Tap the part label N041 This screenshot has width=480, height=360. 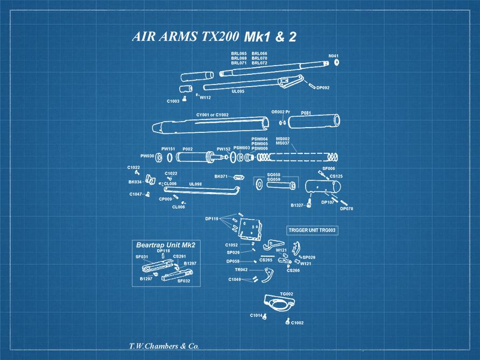point(334,55)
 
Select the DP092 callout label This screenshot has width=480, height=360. point(323,88)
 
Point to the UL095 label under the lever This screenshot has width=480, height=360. point(238,91)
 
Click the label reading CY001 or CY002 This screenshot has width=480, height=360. point(212,115)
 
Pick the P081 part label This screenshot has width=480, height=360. point(306,112)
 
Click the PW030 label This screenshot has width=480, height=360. point(147,156)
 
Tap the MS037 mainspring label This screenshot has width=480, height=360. point(283,144)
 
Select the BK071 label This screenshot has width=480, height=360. point(221,176)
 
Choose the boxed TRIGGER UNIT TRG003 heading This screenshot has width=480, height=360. point(312,230)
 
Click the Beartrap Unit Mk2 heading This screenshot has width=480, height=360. point(165,244)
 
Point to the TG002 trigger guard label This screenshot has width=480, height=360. point(286,294)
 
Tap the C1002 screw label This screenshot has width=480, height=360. point(297,323)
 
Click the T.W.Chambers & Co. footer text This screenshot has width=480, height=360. point(164,346)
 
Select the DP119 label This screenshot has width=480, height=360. point(211,219)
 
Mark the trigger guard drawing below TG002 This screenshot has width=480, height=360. point(279,305)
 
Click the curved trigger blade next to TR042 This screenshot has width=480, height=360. point(266,276)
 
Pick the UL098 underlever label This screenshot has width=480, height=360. point(195,184)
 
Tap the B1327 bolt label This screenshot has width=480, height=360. point(297,205)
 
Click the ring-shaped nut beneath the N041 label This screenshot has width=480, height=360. point(336,62)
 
